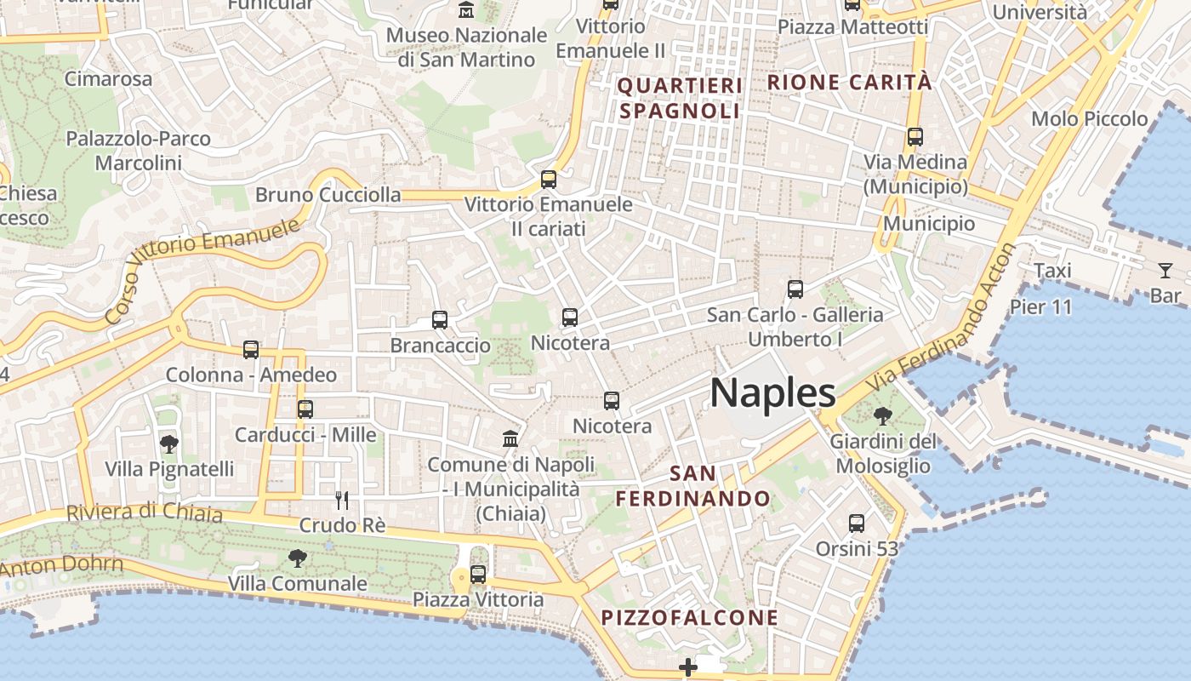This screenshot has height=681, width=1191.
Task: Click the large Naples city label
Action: [x=772, y=392]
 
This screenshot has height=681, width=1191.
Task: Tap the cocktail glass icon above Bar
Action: [x=1165, y=271]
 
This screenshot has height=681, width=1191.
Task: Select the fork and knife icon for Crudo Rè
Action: [x=342, y=500]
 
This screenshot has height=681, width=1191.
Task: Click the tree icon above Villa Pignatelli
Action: [x=168, y=443]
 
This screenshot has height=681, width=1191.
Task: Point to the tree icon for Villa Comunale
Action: [x=297, y=558]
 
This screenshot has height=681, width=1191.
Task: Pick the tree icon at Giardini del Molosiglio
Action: [x=883, y=416]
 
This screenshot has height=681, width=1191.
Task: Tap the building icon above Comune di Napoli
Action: [x=510, y=438]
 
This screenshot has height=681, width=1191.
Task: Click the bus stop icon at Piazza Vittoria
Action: [x=478, y=575]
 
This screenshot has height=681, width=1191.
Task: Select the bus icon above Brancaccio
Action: [x=440, y=320]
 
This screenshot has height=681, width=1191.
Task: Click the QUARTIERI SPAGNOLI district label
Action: [x=680, y=98]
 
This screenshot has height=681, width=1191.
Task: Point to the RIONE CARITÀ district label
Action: [x=850, y=83]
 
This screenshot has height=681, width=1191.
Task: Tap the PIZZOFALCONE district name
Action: [x=690, y=617]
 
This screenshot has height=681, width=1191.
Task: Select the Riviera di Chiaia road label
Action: [x=145, y=512]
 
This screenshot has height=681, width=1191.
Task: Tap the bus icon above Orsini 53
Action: [x=857, y=524]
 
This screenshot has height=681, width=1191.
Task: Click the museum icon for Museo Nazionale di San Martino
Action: [x=466, y=10]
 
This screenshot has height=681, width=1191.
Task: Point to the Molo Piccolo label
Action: [x=1089, y=119]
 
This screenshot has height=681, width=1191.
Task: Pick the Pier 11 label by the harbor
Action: [x=1040, y=306]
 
